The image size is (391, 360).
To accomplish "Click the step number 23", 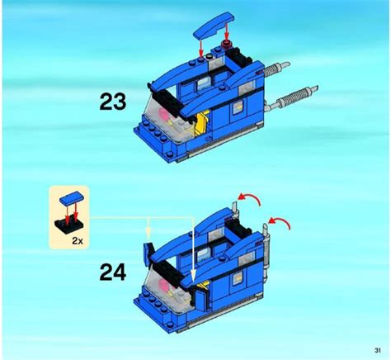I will point(112,103).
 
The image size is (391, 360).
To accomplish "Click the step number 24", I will point(112,271).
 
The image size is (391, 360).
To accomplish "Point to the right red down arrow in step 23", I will point(228,31).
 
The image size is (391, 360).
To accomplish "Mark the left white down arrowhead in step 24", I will point(149,234).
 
